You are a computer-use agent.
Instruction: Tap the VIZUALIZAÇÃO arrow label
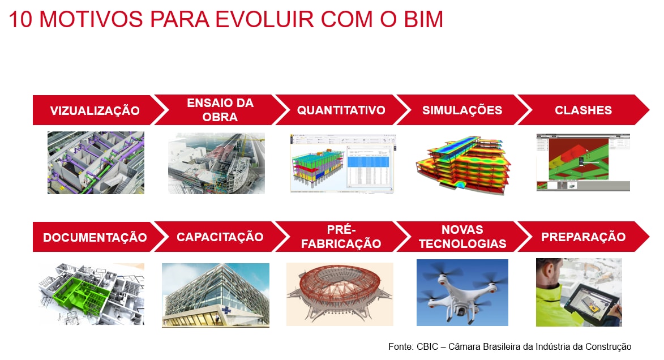tap(95, 110)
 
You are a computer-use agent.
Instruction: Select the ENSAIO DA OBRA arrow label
tap(220, 110)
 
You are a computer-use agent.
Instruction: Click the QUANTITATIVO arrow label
tap(341, 110)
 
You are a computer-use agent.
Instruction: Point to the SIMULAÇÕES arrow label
tap(462, 110)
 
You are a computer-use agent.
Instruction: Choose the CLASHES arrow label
tap(583, 110)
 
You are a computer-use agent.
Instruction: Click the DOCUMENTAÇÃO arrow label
tap(95, 237)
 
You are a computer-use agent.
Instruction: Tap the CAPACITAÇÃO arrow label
tap(220, 237)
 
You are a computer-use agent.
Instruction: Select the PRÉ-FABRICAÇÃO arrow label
tap(341, 237)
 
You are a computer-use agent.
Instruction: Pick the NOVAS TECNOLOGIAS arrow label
tap(462, 237)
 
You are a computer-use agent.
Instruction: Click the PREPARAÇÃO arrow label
tap(583, 237)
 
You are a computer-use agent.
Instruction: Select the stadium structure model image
tap(340, 294)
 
